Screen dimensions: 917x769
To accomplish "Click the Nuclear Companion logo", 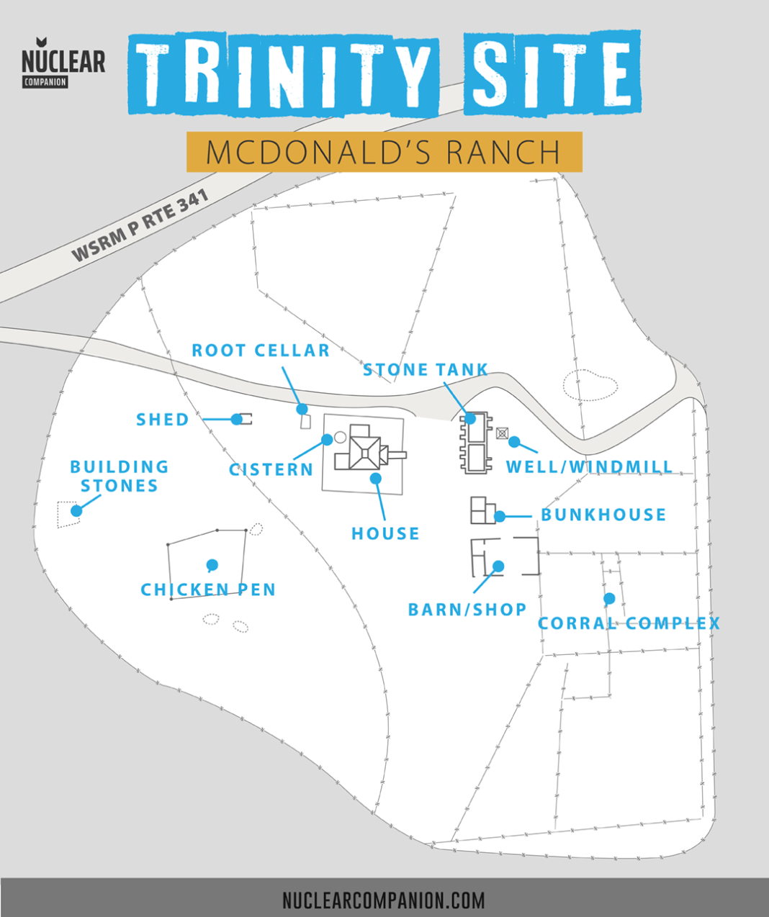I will pyautogui.click(x=63, y=63).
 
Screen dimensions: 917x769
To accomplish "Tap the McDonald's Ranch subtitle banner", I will pyautogui.click(x=384, y=152).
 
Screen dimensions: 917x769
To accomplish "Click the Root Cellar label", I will pyautogui.click(x=261, y=351).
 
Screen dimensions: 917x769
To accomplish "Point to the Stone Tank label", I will pyautogui.click(x=426, y=370).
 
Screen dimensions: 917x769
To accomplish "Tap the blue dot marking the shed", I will pyautogui.click(x=237, y=419).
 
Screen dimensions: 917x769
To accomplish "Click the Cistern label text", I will pyautogui.click(x=271, y=470).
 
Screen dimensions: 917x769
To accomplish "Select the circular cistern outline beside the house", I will pyautogui.click(x=341, y=437).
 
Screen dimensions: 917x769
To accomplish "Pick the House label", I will pyautogui.click(x=385, y=533).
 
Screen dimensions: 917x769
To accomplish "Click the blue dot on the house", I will pyautogui.click(x=374, y=477).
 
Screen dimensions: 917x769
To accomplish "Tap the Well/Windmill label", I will pyautogui.click(x=589, y=466).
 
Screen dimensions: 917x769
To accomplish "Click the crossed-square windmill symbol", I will pyautogui.click(x=502, y=433).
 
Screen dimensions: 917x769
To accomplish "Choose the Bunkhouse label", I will pyautogui.click(x=603, y=515).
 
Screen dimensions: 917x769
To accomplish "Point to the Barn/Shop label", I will pyautogui.click(x=467, y=610).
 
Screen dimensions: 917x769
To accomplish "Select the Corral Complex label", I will pyautogui.click(x=629, y=623).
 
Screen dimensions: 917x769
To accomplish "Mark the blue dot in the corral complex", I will pyautogui.click(x=609, y=598).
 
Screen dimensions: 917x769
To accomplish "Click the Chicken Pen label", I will pyautogui.click(x=208, y=590).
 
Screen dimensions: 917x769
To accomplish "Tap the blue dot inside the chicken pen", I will pyautogui.click(x=212, y=564).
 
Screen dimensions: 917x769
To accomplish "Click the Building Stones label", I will pyautogui.click(x=120, y=476).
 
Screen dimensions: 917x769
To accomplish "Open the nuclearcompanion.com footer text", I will pyautogui.click(x=384, y=900).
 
